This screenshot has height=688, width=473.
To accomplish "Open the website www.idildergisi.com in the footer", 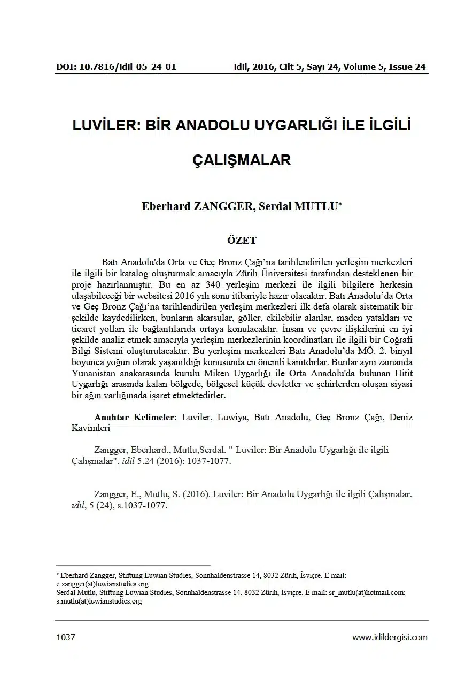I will pos(390,637).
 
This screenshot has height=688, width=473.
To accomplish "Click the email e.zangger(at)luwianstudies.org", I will pos(102,584).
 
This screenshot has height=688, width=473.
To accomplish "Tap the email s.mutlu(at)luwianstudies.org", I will pos(99,601).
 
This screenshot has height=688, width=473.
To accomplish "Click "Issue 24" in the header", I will pos(407,67).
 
